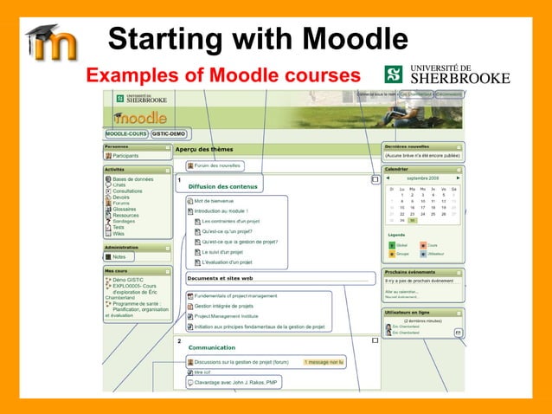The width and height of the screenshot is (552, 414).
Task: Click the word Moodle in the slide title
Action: [346, 40]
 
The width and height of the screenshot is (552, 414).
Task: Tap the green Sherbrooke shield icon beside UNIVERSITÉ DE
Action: [393, 74]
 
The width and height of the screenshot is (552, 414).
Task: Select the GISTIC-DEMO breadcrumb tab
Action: [170, 134]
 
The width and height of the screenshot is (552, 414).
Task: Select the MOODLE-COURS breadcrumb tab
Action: [126, 134]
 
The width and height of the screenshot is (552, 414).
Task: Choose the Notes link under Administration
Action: [119, 256]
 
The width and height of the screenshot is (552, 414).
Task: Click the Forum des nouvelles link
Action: [217, 165]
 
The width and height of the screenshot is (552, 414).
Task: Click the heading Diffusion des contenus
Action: [221, 185]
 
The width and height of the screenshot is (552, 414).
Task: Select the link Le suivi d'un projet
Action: [227, 252]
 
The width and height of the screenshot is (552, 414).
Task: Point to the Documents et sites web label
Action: [220, 279]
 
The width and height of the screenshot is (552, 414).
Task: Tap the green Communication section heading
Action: [212, 347]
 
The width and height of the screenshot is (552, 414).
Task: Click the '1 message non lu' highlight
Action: [324, 362]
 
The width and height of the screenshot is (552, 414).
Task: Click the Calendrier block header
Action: [396, 169]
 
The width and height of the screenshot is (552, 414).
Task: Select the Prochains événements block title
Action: [415, 272]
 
